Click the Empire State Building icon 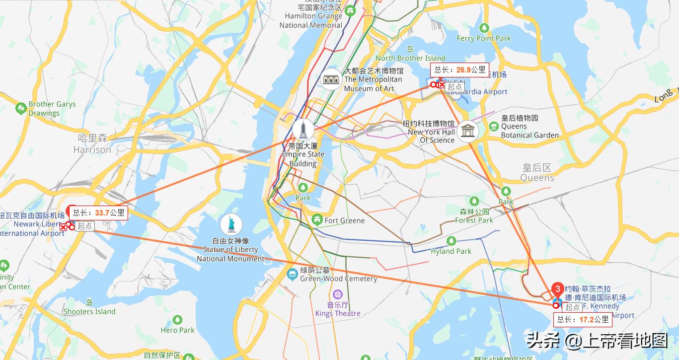[302, 129]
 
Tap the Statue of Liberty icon [231, 224]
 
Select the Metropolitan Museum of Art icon [331, 79]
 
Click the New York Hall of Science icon [467, 132]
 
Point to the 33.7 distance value [102, 213]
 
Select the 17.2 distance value [587, 319]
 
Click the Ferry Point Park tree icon [484, 28]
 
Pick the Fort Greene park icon [317, 219]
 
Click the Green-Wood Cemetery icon [293, 274]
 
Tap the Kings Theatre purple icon [338, 294]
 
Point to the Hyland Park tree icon [451, 241]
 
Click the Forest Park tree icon [474, 201]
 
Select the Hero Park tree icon [177, 320]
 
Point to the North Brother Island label [410, 58]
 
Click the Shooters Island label [89, 311]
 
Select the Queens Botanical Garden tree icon [493, 126]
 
